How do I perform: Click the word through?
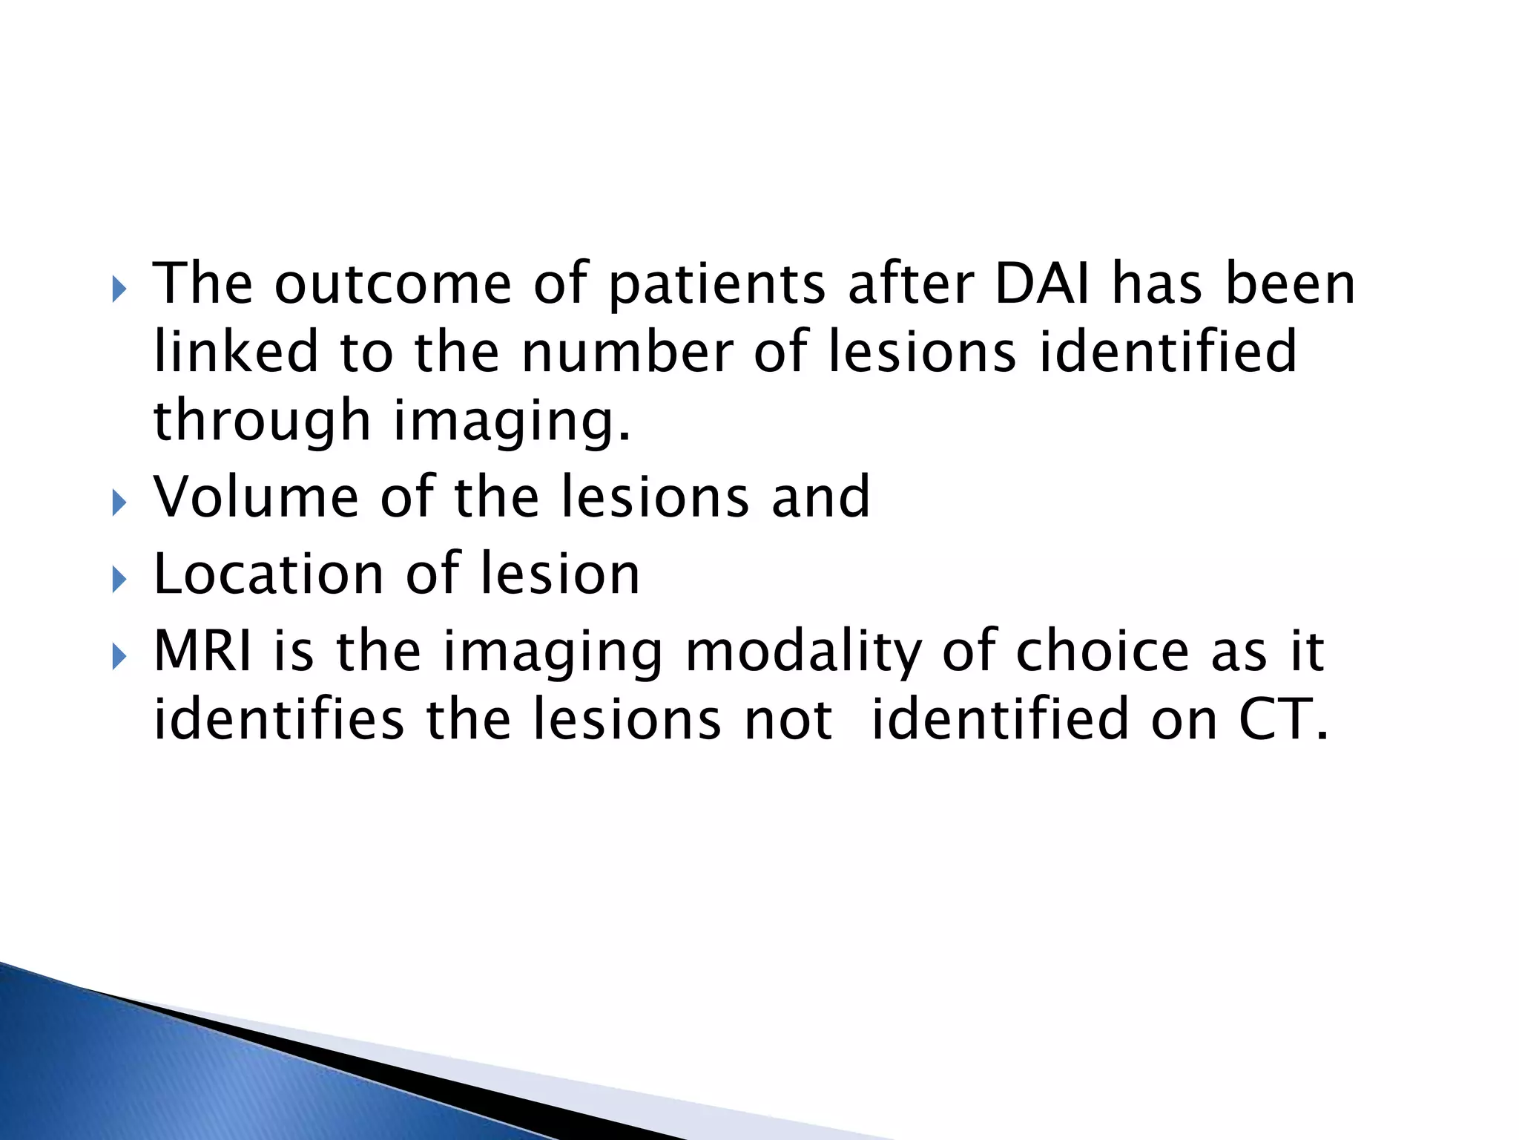261,421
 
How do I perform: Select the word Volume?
256,497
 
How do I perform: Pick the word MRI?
202,651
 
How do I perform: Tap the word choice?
1102,651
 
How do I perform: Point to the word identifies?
278,719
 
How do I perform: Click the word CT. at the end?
1282,719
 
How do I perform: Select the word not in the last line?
788,721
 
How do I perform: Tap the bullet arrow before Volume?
119,504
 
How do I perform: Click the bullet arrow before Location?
119,580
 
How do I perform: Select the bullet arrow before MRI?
119,658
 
